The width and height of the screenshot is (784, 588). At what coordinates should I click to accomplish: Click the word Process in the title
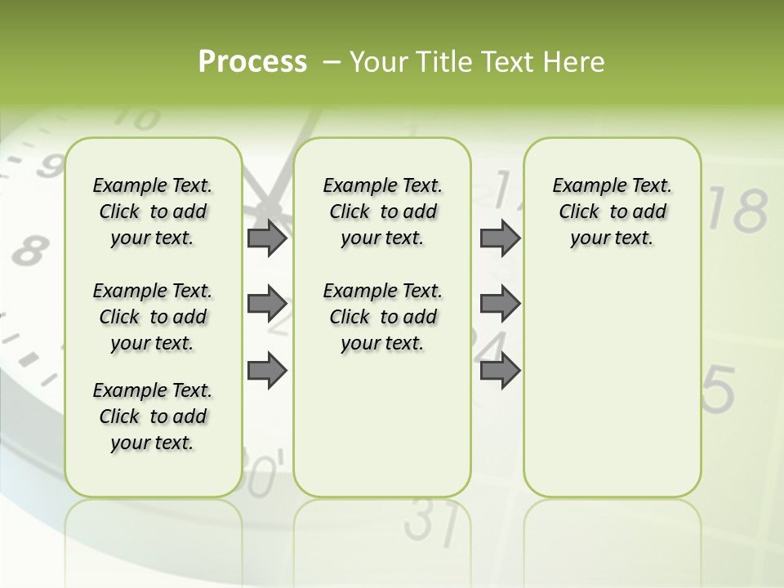[252, 61]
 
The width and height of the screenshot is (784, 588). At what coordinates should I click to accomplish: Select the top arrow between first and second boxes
[266, 238]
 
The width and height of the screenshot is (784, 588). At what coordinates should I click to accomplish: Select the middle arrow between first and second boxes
[266, 304]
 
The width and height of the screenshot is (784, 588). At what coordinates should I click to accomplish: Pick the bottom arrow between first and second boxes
[266, 370]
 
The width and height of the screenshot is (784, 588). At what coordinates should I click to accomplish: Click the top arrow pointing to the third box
[500, 238]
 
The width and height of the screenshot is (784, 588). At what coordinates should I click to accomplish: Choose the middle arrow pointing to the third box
[500, 304]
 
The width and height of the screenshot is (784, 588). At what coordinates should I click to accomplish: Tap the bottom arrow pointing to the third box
[500, 370]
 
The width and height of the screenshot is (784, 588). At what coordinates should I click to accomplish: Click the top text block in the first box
[153, 212]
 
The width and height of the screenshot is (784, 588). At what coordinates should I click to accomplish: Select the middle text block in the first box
[153, 317]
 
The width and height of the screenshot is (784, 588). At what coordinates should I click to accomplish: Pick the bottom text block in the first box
[153, 416]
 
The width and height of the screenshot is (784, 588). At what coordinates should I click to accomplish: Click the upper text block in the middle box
[382, 212]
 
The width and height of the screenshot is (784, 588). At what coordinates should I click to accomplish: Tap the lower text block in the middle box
[382, 317]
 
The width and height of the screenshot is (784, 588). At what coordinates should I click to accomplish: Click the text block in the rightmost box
[612, 212]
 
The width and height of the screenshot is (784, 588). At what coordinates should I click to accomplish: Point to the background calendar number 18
[737, 210]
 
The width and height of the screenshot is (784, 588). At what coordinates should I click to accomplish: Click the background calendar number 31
[430, 523]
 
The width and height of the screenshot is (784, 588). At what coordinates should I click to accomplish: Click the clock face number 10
[136, 119]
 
